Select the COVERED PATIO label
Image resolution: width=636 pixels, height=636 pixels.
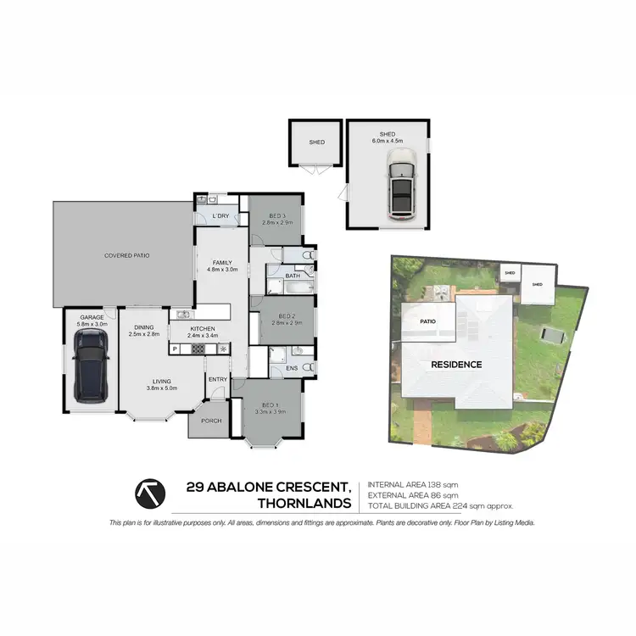121,255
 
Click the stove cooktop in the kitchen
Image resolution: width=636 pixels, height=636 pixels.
223,349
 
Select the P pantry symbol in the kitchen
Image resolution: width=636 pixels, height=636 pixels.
176,349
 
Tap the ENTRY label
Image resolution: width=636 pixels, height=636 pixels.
218,379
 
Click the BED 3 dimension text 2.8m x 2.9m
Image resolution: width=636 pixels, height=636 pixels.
276,222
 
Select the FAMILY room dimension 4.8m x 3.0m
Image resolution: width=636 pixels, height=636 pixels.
222,269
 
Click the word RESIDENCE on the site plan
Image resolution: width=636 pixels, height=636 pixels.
455,365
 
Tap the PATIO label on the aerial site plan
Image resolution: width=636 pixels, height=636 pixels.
427,321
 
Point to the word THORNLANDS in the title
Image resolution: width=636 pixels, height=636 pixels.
304,504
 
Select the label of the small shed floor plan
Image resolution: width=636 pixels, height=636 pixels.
317,142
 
